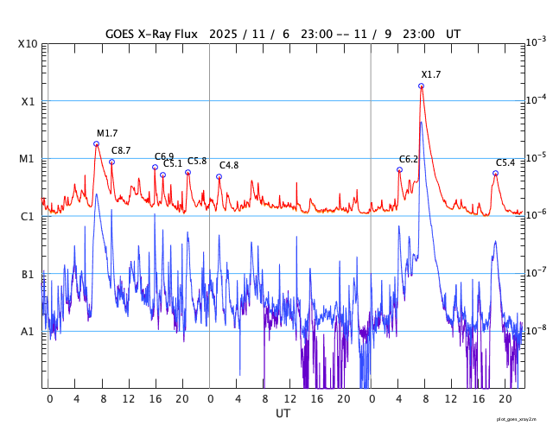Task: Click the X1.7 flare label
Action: click(431, 74)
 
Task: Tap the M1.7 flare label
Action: click(107, 133)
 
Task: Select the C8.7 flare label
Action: click(121, 150)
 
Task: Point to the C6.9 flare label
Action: click(164, 156)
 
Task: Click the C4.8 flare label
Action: click(229, 165)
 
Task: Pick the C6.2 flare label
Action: click(409, 159)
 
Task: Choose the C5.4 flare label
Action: click(505, 162)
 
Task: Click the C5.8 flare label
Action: click(197, 161)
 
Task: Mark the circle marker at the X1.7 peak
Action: click(421, 86)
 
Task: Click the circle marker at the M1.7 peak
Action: click(96, 143)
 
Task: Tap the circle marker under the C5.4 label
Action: click(495, 173)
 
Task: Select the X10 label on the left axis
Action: click(28, 44)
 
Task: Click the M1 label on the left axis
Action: click(28, 159)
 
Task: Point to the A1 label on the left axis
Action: click(28, 331)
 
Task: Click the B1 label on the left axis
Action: click(28, 274)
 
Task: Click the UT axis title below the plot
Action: click(283, 414)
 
